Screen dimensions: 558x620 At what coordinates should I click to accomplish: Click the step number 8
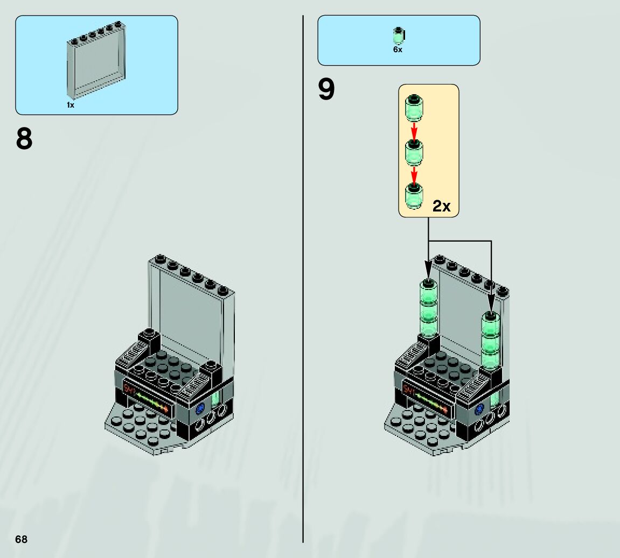24,139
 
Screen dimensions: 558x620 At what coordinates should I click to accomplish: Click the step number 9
326,89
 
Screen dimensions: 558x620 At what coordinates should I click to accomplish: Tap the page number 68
21,539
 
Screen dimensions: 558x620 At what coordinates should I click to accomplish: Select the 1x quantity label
71,105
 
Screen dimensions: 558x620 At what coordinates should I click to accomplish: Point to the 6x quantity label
398,50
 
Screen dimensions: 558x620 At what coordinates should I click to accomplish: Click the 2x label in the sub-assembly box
441,206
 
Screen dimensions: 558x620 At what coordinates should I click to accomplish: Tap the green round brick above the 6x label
398,36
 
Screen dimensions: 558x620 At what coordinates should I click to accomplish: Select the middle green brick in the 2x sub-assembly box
414,153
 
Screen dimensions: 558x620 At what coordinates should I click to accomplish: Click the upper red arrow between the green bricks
414,130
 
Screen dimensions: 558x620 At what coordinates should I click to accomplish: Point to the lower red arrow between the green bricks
414,174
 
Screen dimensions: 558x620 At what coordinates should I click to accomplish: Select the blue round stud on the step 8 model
200,408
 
